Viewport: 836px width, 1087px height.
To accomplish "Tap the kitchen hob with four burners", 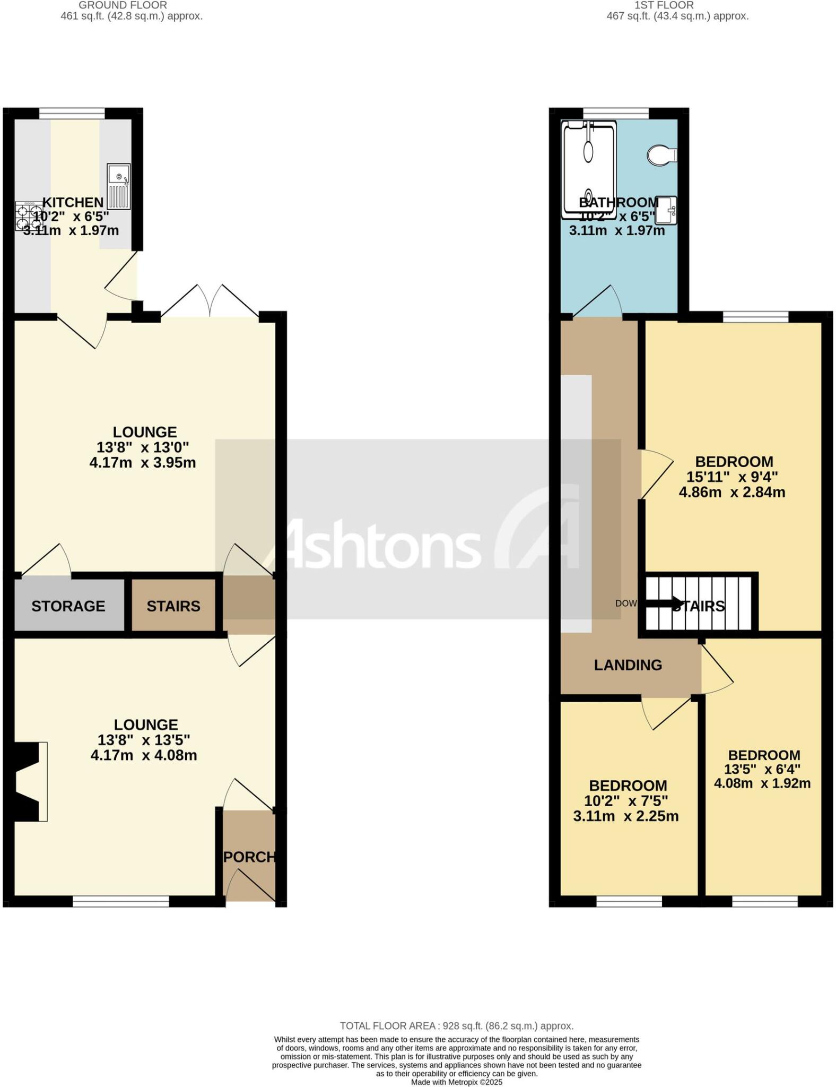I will [29, 216].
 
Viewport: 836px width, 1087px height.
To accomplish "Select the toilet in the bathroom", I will [661, 155].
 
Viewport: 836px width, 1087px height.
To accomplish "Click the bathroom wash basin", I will [666, 210].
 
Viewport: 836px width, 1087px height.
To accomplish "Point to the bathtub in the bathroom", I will [589, 169].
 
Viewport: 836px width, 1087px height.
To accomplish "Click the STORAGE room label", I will [68, 606].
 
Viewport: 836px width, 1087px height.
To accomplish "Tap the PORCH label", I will [249, 857].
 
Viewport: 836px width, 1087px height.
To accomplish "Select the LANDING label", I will [628, 665].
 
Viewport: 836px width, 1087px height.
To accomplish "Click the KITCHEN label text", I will [73, 202].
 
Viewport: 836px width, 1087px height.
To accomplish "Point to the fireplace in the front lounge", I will [28, 782].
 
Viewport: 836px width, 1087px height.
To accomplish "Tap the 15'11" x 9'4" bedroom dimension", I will [732, 477].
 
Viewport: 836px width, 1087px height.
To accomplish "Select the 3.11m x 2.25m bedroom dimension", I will [626, 816].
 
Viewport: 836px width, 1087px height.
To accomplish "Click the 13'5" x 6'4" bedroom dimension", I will [762, 769].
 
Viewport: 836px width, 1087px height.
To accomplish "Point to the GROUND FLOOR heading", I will [123, 5].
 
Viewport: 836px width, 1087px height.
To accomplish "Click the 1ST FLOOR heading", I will [664, 5].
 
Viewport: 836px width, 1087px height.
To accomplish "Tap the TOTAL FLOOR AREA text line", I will [456, 1026].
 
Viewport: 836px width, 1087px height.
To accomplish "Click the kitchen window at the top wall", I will [72, 113].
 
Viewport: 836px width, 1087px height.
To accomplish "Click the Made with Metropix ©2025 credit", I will [456, 1082].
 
